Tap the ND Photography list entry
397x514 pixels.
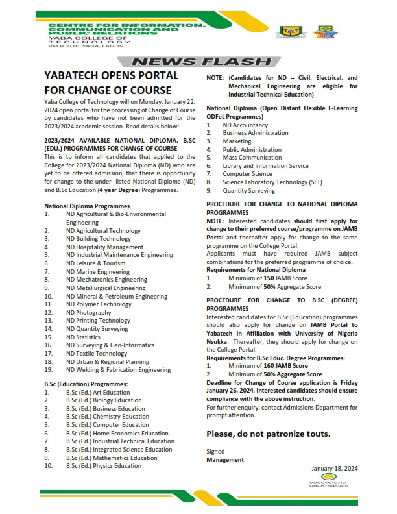[x=88, y=313]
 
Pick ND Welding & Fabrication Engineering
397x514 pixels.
[x=118, y=370]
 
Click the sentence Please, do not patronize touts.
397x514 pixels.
[x=269, y=433]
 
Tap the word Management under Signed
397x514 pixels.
[x=225, y=459]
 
